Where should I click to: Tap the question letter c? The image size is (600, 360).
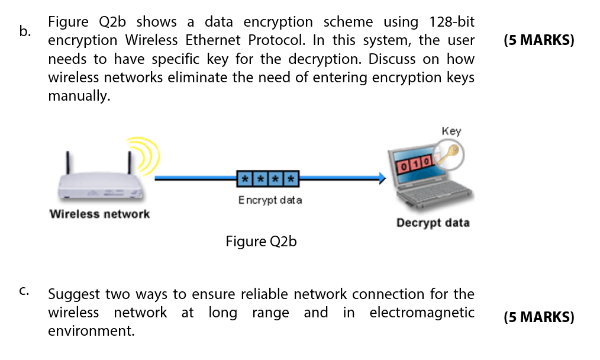coord(24,291)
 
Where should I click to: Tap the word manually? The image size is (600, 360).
coord(79,96)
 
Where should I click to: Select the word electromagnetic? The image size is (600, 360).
coord(421,313)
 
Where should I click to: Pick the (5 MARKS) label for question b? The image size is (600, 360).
coord(538,41)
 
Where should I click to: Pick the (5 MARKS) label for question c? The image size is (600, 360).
coord(538,317)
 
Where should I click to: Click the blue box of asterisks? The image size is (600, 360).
coord(267,178)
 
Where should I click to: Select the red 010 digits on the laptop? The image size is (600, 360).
coord(415,161)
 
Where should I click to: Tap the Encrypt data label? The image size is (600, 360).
coord(270,200)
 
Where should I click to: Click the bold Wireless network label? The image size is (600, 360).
coord(99,214)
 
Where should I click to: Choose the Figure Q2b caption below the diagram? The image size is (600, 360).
coord(261,242)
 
